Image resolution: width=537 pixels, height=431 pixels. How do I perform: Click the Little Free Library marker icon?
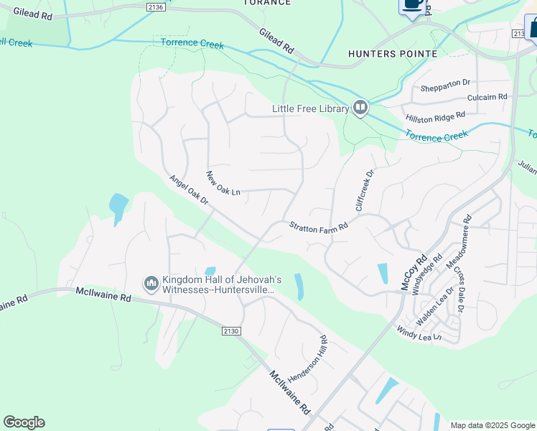[x=360, y=108]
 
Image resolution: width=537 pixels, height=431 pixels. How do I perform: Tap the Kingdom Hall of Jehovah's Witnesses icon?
[x=151, y=284]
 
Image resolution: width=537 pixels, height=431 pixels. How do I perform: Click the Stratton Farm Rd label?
[x=318, y=226]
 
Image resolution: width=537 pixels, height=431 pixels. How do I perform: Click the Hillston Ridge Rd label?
[x=435, y=115]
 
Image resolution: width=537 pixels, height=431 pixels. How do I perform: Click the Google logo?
[x=24, y=422]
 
